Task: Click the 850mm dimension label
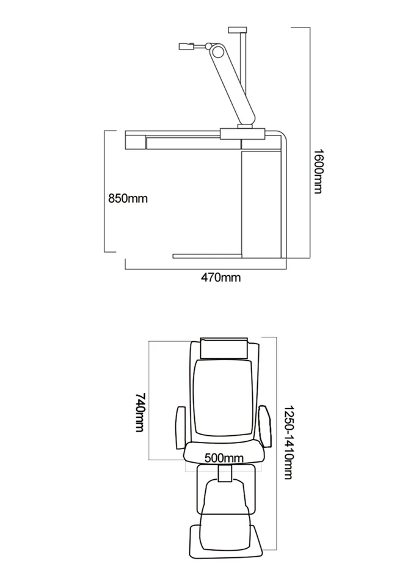[x=128, y=198]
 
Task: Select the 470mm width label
[x=221, y=278]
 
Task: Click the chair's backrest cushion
[x=223, y=397]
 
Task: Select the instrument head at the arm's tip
[x=186, y=46]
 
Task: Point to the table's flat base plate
[x=208, y=256]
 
